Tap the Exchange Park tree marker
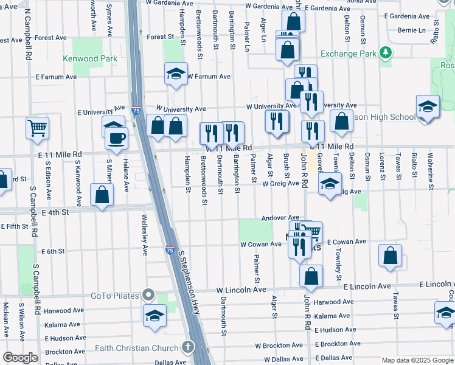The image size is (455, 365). point(384,53)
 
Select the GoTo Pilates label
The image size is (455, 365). point(114,296)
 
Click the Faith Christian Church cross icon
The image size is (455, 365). point(188,348)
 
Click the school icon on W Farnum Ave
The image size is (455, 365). point(176,74)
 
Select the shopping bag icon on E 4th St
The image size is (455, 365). point(102,195)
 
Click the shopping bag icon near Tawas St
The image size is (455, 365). point(390,255)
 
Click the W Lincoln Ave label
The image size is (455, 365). point(241,290)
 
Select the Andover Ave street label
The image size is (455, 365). point(280,218)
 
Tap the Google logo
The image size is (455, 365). point(21,358)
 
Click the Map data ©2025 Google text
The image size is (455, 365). point(417,360)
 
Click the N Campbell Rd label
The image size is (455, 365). point(28,33)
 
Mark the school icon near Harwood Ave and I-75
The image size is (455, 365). point(155,315)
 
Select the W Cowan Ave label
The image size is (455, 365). point(260,244)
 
